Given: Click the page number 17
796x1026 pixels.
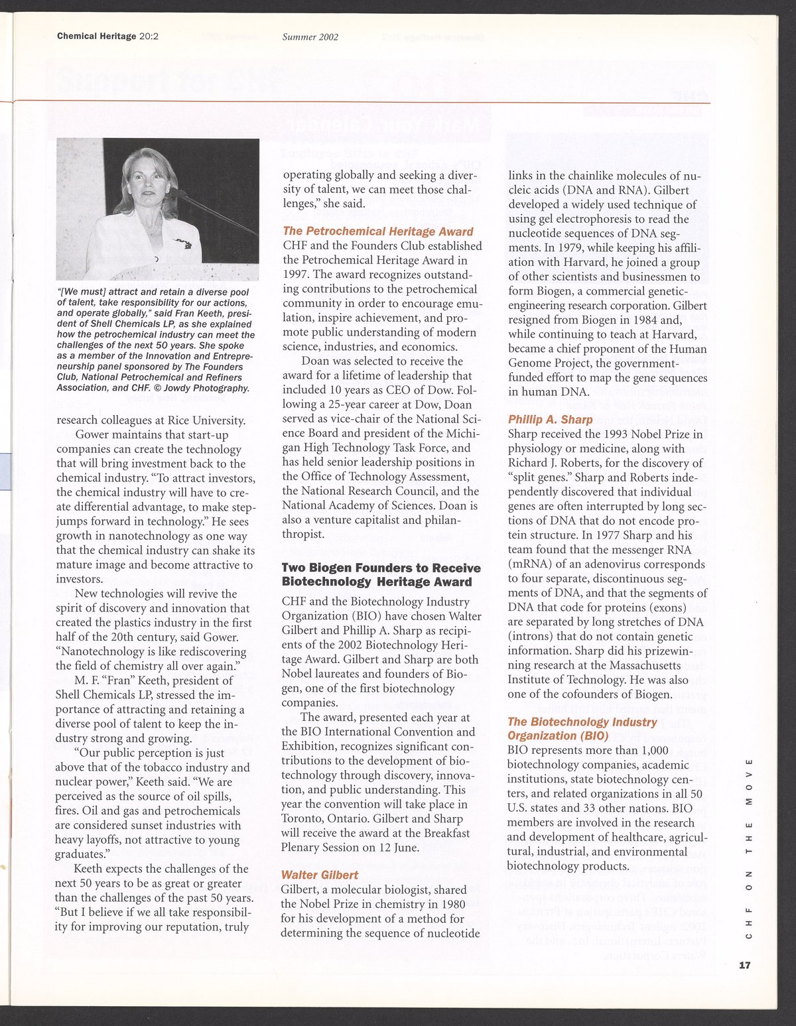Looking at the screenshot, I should click(x=745, y=965).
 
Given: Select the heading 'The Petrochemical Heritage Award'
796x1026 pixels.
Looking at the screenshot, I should click(x=378, y=231).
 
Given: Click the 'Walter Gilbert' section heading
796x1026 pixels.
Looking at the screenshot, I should click(x=320, y=875).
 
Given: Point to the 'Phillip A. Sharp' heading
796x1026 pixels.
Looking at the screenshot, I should click(x=550, y=419).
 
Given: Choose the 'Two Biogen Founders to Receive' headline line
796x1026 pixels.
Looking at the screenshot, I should click(x=381, y=568).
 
